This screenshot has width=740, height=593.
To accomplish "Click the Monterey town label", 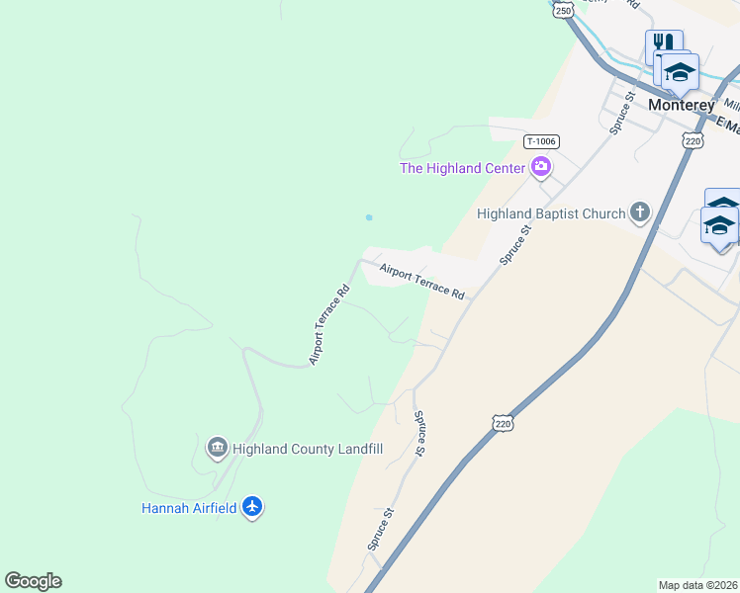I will point(681,104).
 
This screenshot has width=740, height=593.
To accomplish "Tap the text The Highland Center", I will point(462,168).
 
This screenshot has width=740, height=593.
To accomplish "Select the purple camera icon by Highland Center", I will point(541,166).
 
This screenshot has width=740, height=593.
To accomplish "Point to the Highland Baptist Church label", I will point(551,213).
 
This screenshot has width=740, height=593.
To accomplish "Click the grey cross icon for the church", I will point(640,212).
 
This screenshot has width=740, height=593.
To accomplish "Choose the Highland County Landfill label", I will point(308,449).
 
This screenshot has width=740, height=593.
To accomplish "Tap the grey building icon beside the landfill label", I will point(217,448).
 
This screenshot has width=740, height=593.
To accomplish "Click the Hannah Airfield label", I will point(189,508).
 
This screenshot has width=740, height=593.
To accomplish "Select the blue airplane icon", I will point(252,507).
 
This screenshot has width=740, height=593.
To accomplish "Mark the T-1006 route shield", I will point(540,141).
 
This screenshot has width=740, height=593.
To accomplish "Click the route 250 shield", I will point(563,10).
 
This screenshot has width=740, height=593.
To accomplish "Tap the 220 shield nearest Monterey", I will point(693,141).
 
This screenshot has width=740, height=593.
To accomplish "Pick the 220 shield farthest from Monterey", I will point(503,424).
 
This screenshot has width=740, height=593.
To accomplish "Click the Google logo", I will point(34,581).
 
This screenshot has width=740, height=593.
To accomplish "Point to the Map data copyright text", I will point(698,584).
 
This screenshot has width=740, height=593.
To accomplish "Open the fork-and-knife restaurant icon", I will point(663,44).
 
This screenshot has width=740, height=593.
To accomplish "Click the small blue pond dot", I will point(369,217).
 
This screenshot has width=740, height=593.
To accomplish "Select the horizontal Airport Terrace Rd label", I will point(421,281).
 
